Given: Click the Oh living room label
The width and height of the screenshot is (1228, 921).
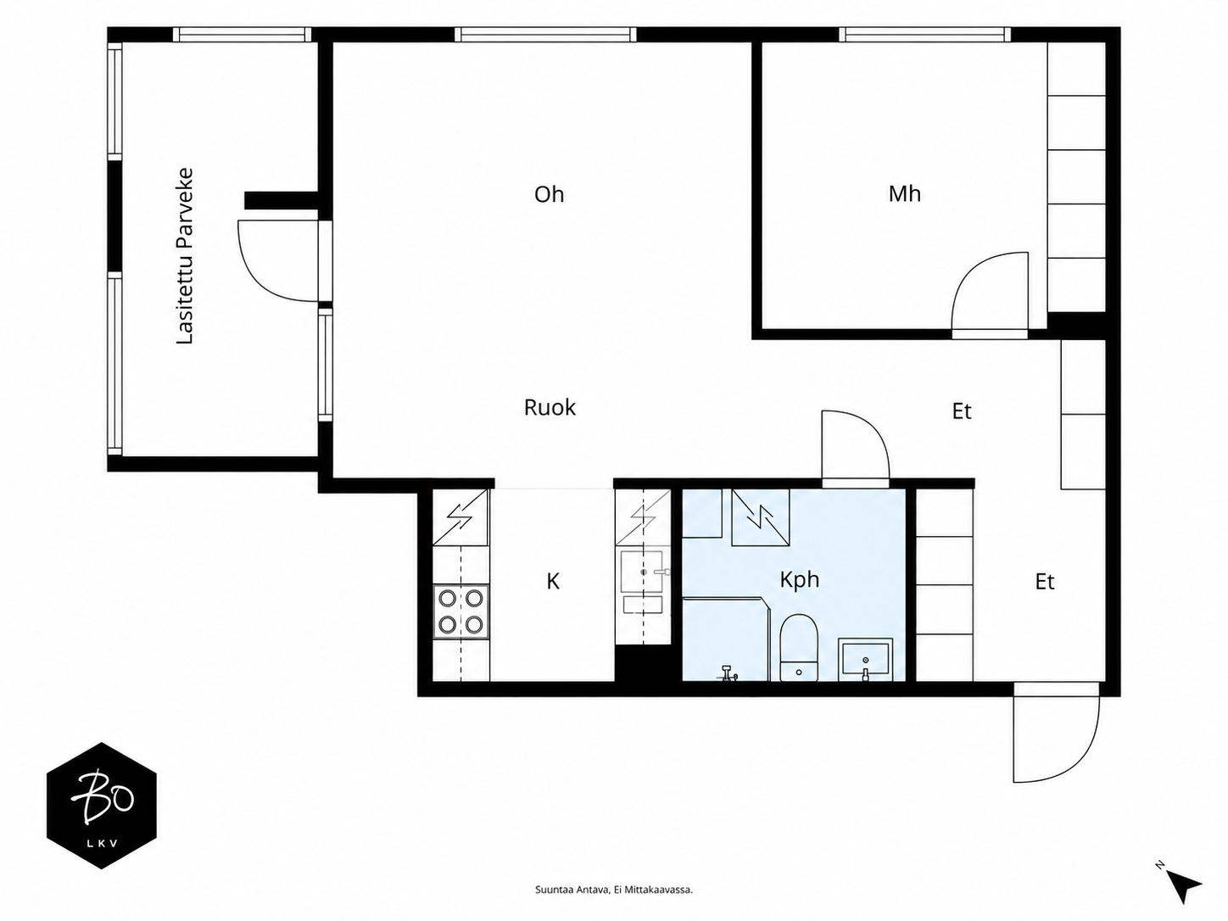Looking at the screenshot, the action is tap(549, 194).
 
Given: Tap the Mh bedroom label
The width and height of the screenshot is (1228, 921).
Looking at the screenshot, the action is tap(905, 193).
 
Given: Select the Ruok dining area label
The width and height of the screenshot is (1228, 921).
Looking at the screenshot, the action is tap(550, 408).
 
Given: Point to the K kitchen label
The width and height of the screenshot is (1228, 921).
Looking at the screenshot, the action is tap(553, 582).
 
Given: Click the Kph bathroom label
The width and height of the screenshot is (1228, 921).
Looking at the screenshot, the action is tap(800, 580).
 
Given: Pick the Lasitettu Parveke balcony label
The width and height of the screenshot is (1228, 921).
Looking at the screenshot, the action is tap(185, 256).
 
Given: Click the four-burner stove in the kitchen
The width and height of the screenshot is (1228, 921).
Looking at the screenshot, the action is tap(461, 611).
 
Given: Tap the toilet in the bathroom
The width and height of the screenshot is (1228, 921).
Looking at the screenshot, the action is tap(799, 648).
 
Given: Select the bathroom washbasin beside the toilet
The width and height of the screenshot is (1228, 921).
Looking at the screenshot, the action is tap(864, 661).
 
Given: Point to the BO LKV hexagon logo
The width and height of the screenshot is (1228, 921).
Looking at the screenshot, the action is tap(101, 806).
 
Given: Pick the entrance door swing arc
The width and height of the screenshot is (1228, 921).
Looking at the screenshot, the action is tap(1082, 761).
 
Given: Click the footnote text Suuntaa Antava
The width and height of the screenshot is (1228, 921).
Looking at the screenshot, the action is tap(572, 890).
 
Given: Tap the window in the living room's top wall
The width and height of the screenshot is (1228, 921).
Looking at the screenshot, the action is tap(545, 35).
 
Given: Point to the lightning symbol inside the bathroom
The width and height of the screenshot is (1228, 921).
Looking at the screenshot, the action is tap(761, 516).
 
